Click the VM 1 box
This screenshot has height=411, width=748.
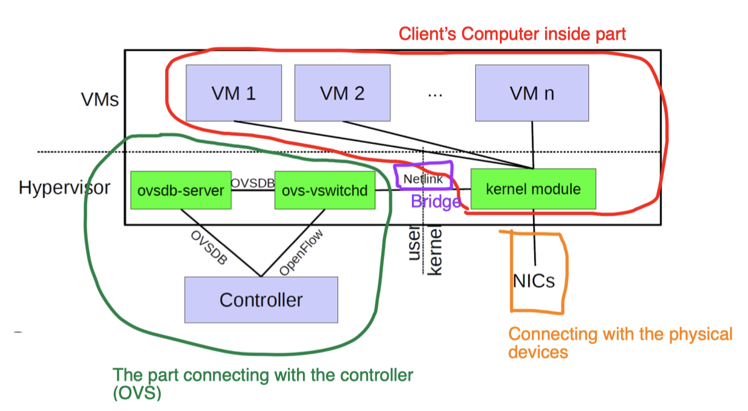point(234,93)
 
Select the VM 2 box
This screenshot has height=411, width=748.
point(342,93)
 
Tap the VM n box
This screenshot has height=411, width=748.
point(532,93)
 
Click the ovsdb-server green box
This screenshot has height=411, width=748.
point(181,191)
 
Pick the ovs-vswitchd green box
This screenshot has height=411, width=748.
point(325,191)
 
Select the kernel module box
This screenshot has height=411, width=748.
point(533,189)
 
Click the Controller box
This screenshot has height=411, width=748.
point(261,300)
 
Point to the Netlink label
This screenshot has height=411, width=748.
point(423,179)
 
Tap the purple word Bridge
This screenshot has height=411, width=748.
point(435,201)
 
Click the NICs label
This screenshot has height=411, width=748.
point(534,281)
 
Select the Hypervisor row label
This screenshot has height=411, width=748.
point(64,187)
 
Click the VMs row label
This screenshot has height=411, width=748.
point(100,99)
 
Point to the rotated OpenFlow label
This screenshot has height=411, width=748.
point(301,253)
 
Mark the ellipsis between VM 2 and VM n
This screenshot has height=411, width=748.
point(434,95)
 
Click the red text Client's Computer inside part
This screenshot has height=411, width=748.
point(513,34)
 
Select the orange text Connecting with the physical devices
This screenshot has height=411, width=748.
point(620,342)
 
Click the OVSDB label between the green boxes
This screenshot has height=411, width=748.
point(253,183)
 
